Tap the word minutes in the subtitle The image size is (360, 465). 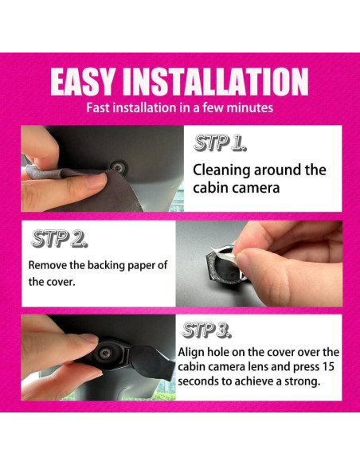248,107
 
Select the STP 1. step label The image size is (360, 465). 221,144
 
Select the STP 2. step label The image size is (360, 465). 59,239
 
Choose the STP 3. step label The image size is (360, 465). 209,330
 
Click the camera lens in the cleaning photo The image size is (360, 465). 118,166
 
